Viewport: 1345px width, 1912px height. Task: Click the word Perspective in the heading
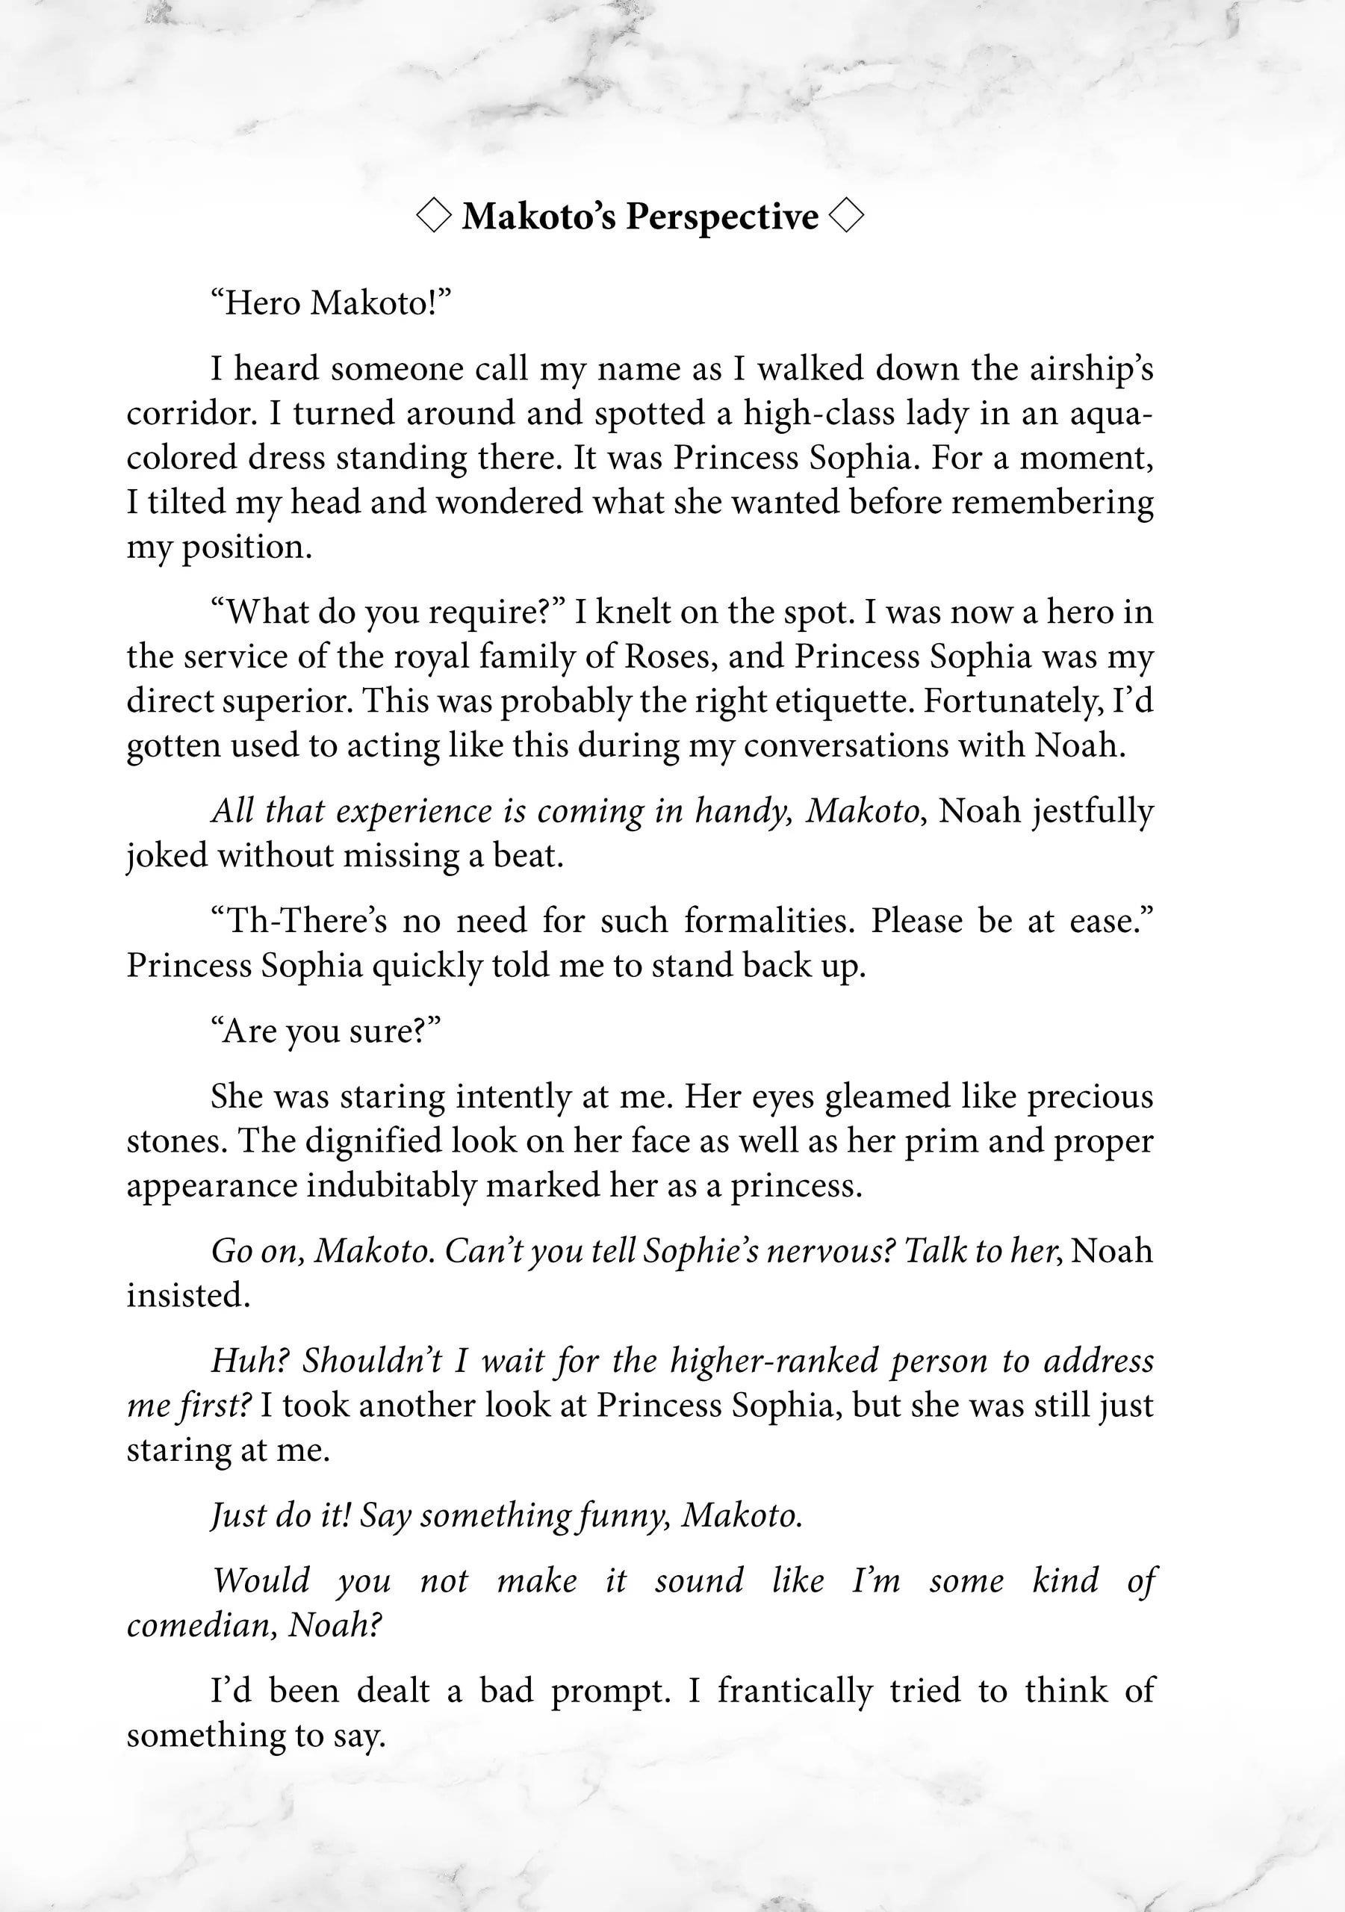[722, 217]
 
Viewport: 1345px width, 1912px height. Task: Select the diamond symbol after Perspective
[847, 217]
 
